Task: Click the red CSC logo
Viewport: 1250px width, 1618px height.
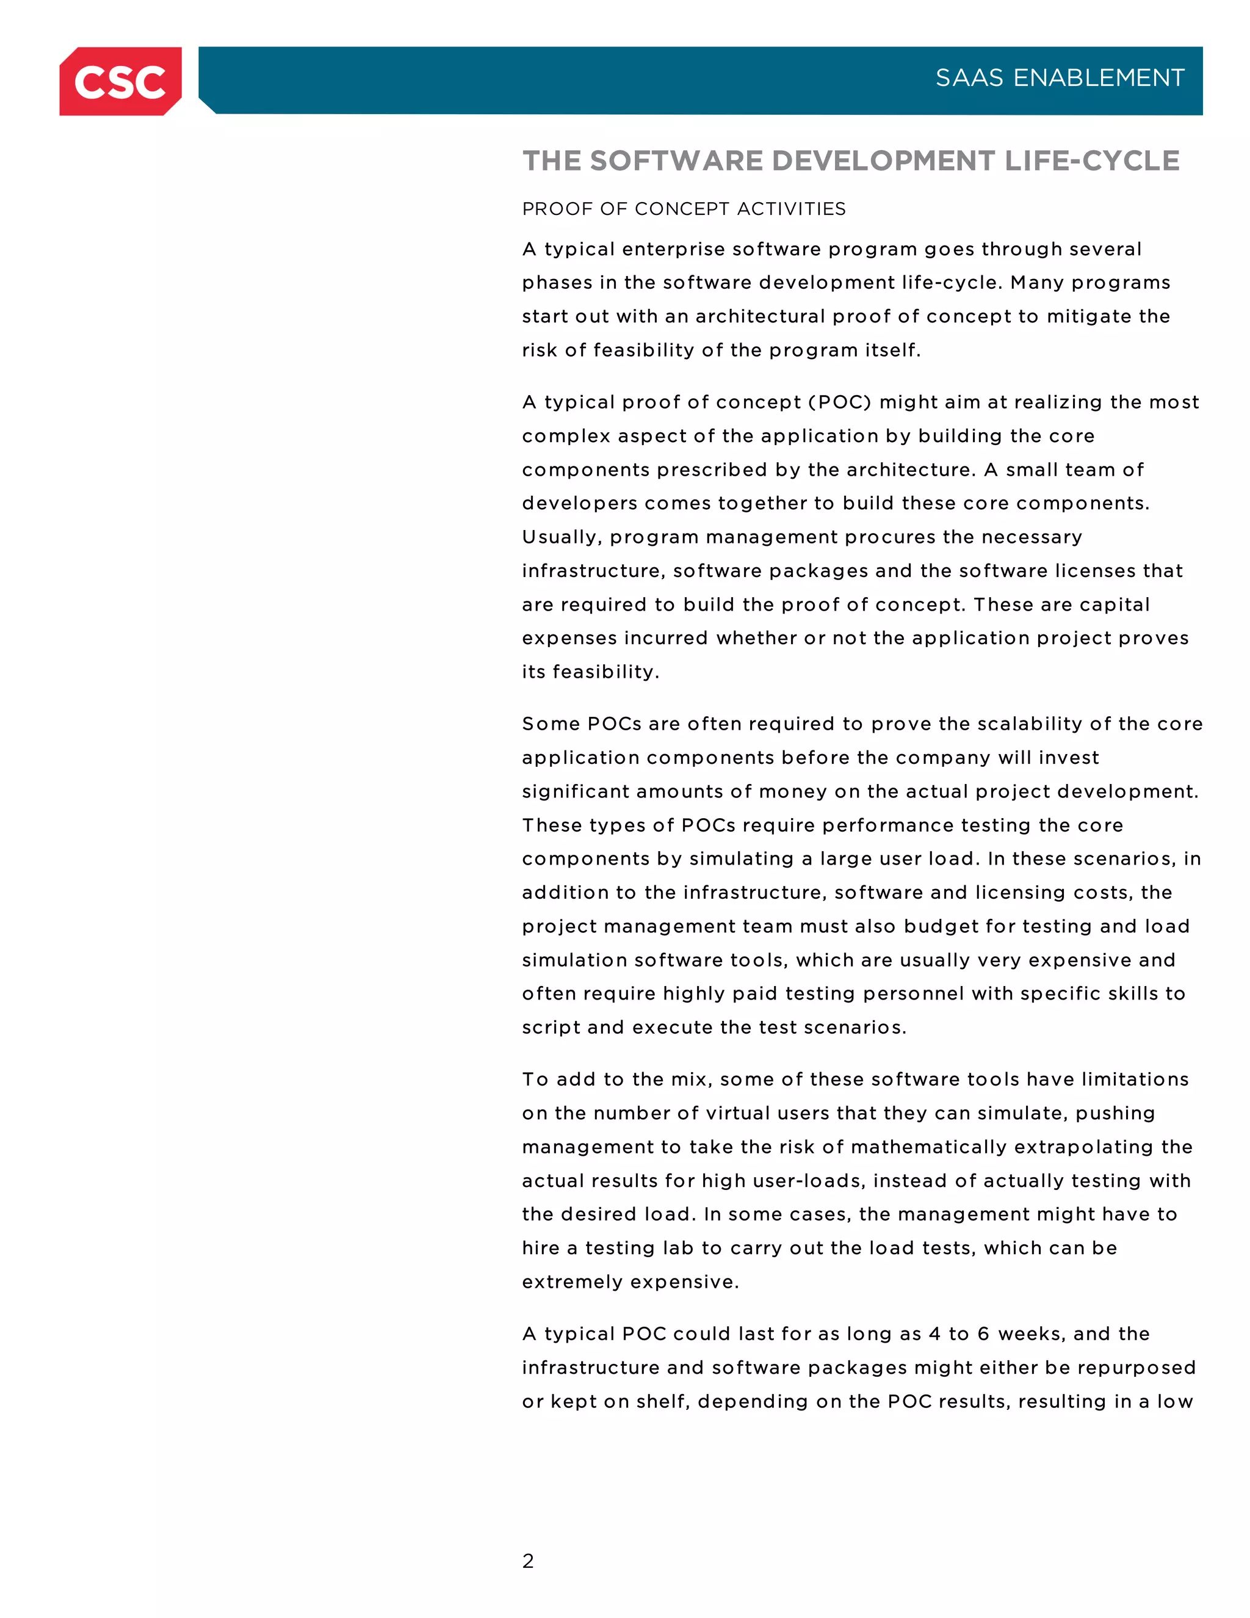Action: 120,81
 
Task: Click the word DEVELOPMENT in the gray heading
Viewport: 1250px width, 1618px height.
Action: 883,161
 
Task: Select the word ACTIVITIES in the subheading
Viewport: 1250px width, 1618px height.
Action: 792,209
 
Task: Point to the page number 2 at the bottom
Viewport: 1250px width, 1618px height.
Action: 527,1561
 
